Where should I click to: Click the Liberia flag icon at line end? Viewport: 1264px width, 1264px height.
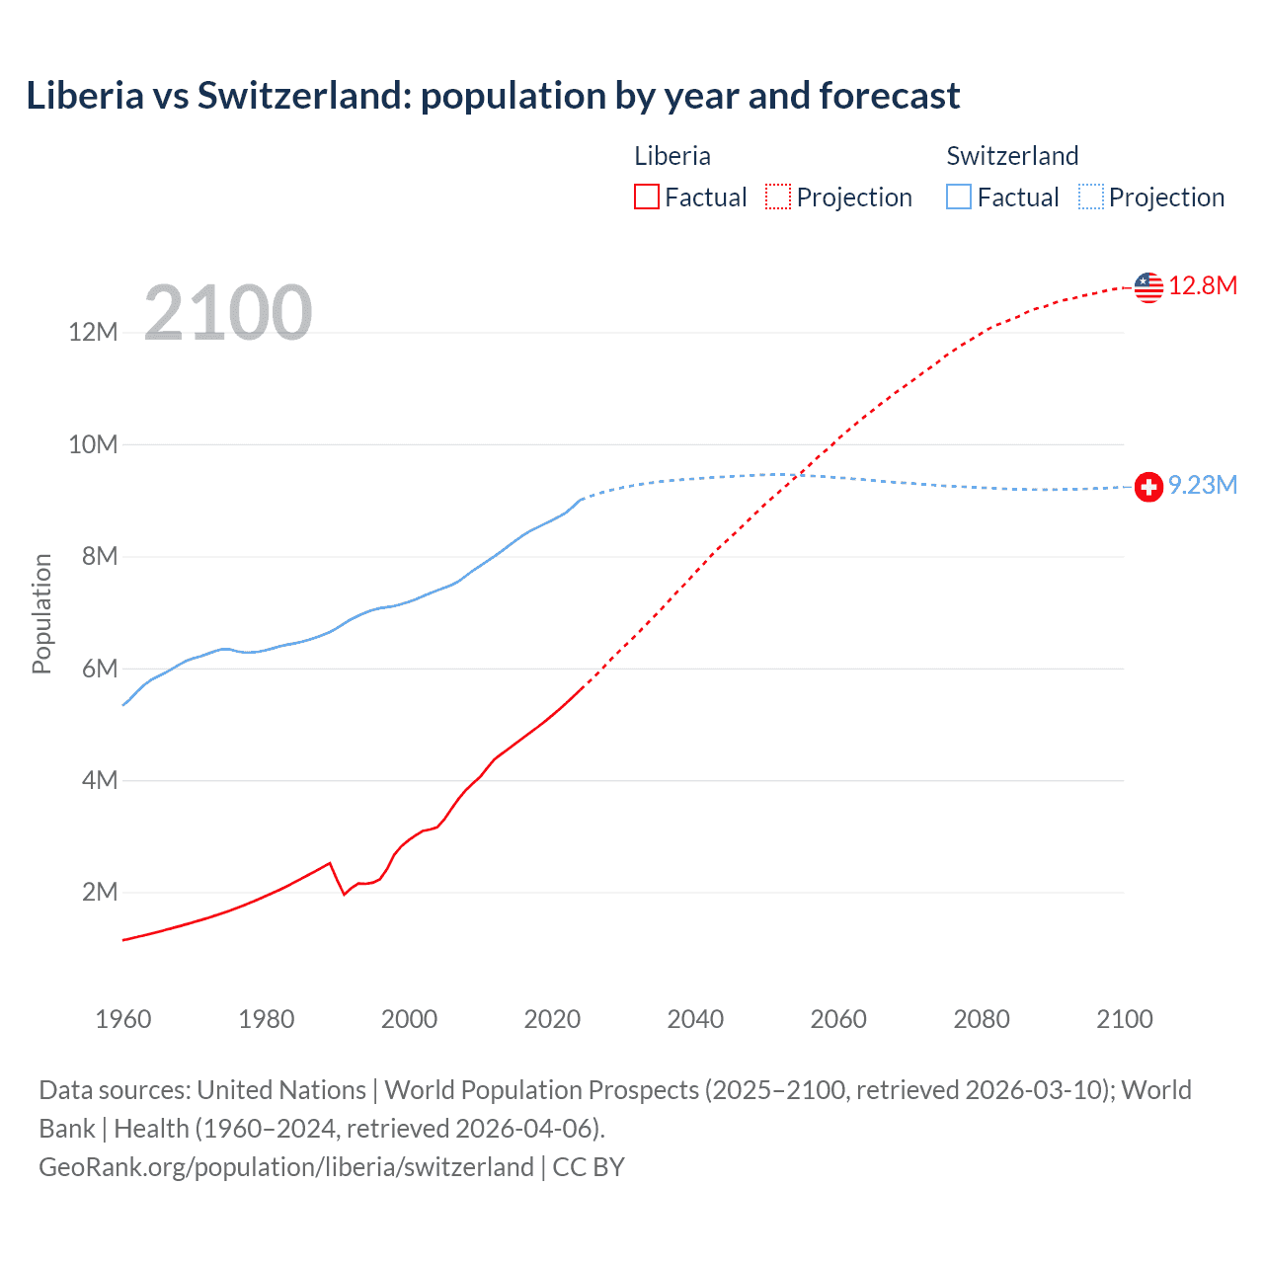tap(1148, 287)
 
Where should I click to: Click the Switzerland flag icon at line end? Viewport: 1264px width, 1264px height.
tap(1148, 487)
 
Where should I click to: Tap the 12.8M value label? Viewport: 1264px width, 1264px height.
tap(1203, 286)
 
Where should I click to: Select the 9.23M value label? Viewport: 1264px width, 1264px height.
tap(1203, 485)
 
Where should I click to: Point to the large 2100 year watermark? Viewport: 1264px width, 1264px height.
tap(228, 313)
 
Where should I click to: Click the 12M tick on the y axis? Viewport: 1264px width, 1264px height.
tap(93, 332)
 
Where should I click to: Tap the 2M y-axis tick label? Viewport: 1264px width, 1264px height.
tap(100, 893)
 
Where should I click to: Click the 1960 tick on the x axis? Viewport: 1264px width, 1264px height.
tap(123, 1019)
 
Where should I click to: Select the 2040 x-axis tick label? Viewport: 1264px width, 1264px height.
tap(695, 1019)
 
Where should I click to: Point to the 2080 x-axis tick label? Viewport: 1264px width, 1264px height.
tap(982, 1019)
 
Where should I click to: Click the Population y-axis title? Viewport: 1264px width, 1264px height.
tap(41, 613)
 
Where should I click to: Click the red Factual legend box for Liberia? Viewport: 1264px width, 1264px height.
tap(647, 197)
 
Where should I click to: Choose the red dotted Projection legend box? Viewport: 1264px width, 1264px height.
tap(778, 197)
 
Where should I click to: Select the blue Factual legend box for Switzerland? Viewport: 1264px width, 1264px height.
tap(959, 197)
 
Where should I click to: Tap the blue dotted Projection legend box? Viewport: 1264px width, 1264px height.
tap(1091, 197)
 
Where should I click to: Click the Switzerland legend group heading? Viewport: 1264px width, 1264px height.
tap(1012, 156)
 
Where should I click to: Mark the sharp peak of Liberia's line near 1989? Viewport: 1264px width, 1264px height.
tap(330, 863)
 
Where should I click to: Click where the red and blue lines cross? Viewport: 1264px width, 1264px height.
tap(798, 475)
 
